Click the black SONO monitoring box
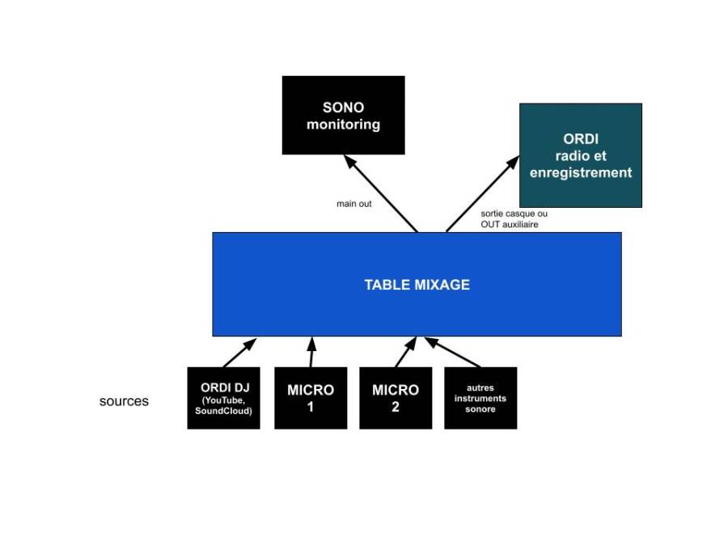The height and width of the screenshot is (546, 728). tap(343, 115)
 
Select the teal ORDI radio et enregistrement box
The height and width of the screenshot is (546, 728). tap(580, 155)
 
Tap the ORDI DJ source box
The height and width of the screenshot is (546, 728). tap(223, 398)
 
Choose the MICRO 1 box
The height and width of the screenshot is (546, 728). tap(311, 398)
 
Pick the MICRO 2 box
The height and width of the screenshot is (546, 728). tap(396, 398)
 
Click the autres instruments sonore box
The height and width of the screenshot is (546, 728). tap(480, 398)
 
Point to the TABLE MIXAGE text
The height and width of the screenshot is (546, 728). tap(417, 285)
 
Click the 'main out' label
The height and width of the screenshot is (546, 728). tap(354, 204)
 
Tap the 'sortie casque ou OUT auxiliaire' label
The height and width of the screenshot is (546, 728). tap(514, 219)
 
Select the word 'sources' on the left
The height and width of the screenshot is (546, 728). tap(124, 401)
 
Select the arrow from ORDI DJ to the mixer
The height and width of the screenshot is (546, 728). tap(239, 353)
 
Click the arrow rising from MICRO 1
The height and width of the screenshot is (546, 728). tap(311, 352)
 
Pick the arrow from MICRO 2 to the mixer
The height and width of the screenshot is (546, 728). tap(406, 352)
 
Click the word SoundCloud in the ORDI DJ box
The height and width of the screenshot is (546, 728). tap(223, 411)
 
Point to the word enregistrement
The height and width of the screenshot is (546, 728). tap(580, 172)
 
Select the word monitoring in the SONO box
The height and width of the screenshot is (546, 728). tap(343, 125)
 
